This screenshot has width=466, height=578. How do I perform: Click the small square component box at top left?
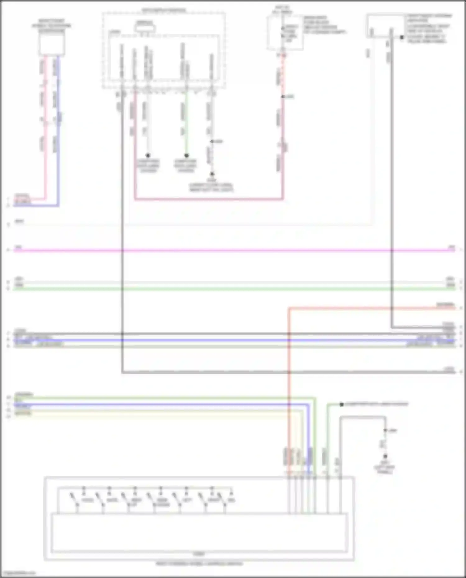(52, 44)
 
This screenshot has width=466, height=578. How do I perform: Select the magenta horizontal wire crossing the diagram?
(233, 250)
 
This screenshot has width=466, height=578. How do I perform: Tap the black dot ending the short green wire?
(186, 155)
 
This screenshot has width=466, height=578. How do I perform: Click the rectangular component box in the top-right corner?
(385, 26)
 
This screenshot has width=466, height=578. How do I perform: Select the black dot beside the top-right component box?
(402, 37)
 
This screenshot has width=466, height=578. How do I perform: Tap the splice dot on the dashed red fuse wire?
(283, 97)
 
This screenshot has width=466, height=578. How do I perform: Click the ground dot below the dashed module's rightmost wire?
(212, 174)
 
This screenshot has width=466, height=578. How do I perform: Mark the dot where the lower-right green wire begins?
(341, 404)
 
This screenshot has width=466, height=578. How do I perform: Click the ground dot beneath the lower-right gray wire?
(385, 456)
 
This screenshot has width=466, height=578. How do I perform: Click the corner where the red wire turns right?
(289, 308)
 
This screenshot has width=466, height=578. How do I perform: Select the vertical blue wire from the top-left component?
(58, 130)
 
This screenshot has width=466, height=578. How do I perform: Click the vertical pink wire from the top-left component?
(45, 130)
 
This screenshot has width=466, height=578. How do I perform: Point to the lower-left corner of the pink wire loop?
(135, 199)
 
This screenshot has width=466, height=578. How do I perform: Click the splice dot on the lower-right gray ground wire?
(385, 430)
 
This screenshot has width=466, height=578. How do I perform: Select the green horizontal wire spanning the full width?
(233, 289)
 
